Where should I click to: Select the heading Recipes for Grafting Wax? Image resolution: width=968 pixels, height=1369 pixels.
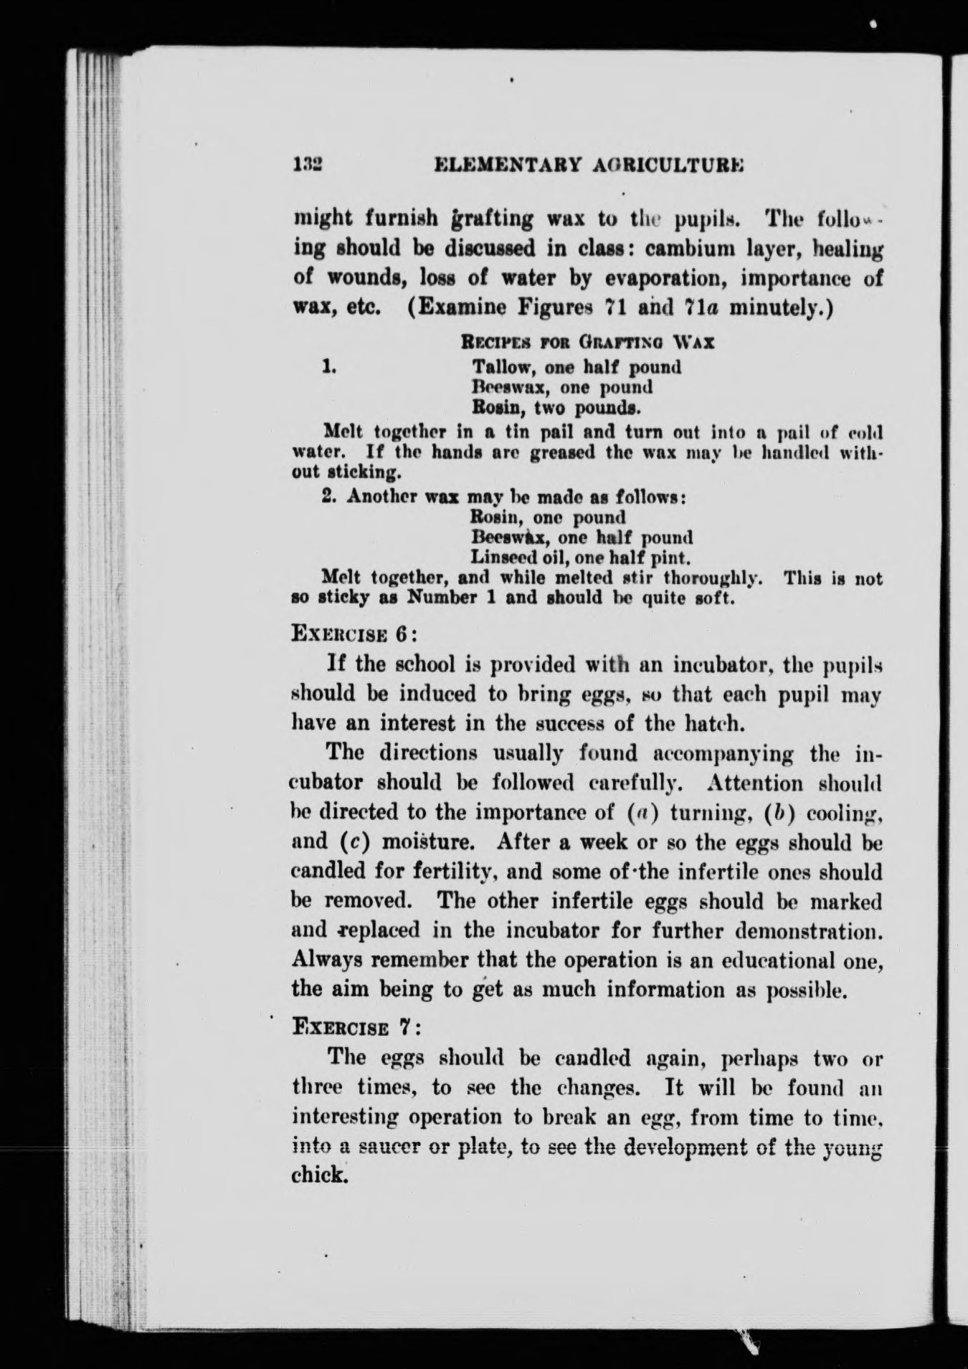point(587,342)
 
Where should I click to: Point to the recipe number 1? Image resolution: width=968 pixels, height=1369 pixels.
point(329,367)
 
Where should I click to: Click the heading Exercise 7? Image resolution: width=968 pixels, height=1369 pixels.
point(355,1026)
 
